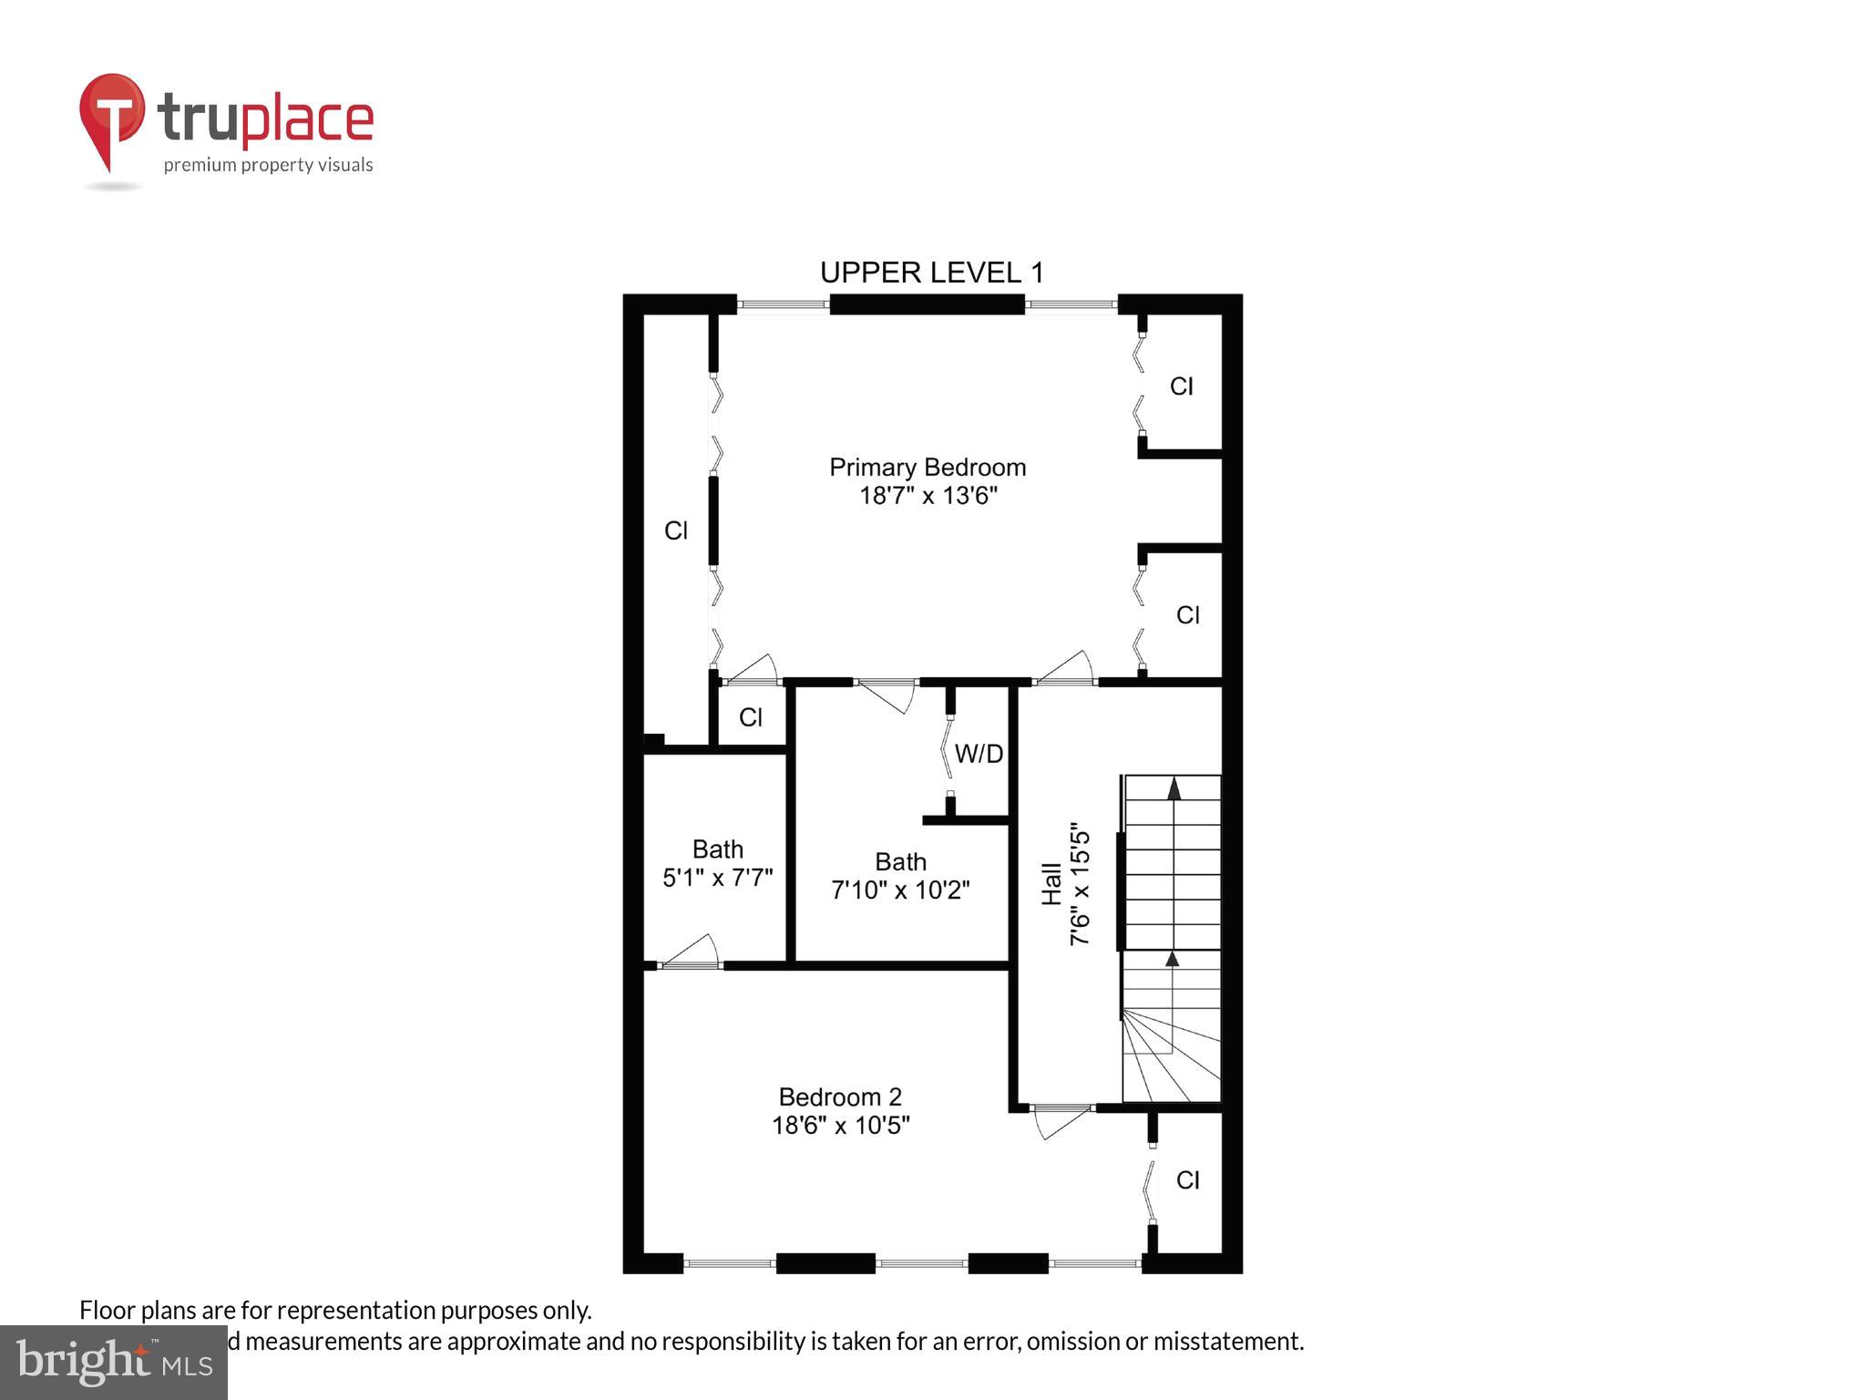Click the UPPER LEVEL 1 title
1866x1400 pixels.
click(x=931, y=273)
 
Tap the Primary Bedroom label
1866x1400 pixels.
click(x=928, y=468)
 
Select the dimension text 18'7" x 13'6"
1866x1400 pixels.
click(x=928, y=496)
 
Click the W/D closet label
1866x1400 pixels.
click(x=979, y=754)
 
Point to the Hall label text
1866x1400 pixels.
click(x=1051, y=884)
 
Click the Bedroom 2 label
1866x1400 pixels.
click(x=840, y=1096)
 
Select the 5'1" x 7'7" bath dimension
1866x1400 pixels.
click(x=717, y=878)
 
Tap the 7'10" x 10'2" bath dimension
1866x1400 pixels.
click(x=900, y=890)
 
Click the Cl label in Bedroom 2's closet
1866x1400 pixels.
click(x=1187, y=1180)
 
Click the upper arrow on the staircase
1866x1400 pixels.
click(x=1174, y=788)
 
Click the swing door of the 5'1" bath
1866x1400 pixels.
click(x=690, y=952)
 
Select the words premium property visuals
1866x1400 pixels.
click(x=268, y=165)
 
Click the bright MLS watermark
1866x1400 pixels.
click(x=113, y=1362)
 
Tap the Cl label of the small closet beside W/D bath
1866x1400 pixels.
click(x=751, y=717)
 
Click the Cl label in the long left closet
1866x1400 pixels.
click(x=676, y=530)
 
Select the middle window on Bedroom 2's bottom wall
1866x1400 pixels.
click(x=921, y=1263)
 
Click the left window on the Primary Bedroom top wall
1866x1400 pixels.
click(x=783, y=304)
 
